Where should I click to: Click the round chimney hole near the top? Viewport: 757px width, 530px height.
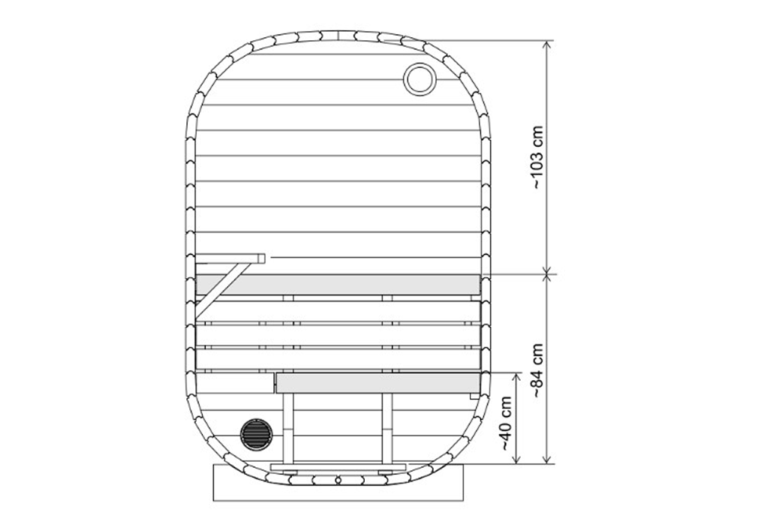click(x=419, y=78)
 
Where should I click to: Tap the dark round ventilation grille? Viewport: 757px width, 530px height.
click(x=255, y=435)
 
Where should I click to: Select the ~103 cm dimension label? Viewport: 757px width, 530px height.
click(x=538, y=157)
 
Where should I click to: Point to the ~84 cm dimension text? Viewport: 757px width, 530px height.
click(x=538, y=370)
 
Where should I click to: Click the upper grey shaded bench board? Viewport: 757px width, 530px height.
click(x=338, y=285)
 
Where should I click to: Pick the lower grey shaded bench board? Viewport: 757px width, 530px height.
click(x=377, y=383)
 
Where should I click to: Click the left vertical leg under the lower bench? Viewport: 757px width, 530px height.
click(x=288, y=428)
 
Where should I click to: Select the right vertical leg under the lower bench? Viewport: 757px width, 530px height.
click(x=388, y=428)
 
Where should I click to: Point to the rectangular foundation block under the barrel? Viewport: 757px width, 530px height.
click(x=338, y=489)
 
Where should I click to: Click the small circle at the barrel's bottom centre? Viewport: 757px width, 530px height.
click(x=338, y=479)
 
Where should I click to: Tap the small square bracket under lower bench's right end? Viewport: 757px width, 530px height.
click(x=474, y=395)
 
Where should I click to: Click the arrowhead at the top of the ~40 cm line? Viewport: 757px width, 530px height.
click(x=517, y=376)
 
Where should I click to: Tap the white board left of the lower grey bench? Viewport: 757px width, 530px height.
click(x=235, y=382)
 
